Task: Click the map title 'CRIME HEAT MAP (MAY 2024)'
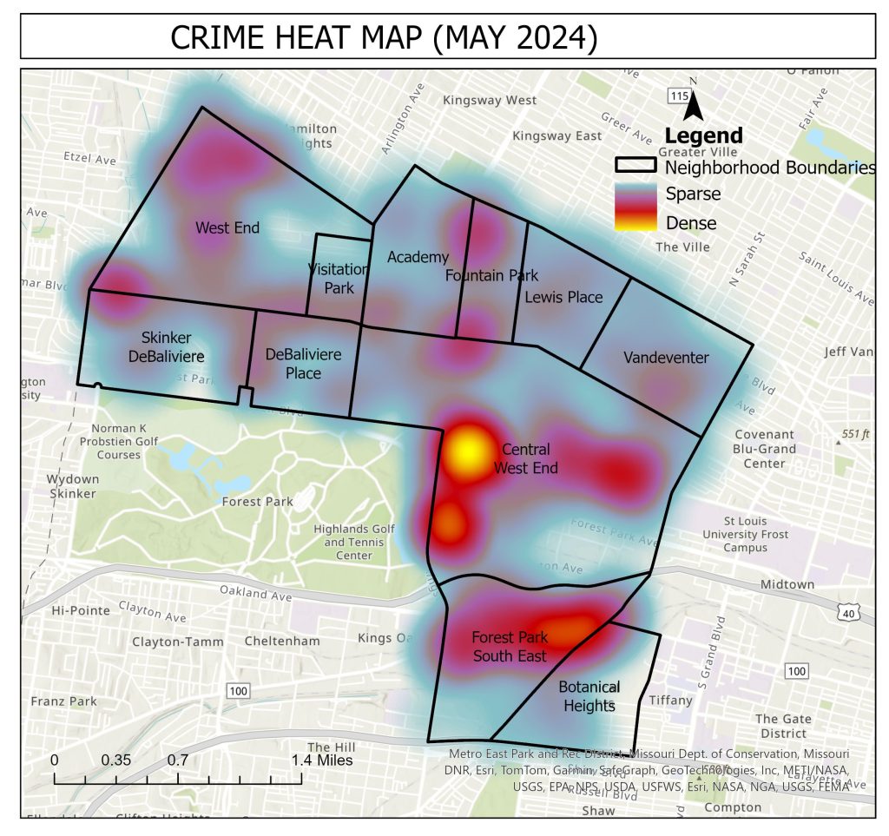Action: tap(383, 37)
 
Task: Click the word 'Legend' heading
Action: tap(703, 135)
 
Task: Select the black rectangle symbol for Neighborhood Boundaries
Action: tap(637, 165)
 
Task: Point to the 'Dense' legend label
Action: tap(691, 223)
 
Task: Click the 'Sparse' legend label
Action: tap(693, 194)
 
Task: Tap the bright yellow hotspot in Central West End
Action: tap(467, 451)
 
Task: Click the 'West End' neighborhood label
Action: tap(227, 228)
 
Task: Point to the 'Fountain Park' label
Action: tap(491, 276)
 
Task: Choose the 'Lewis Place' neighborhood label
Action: tap(563, 297)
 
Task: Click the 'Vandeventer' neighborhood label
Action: tap(666, 358)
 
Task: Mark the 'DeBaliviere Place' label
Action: tap(304, 364)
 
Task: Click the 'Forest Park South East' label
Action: tap(510, 647)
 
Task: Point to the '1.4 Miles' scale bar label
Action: tap(322, 760)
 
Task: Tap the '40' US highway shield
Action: tap(847, 613)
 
